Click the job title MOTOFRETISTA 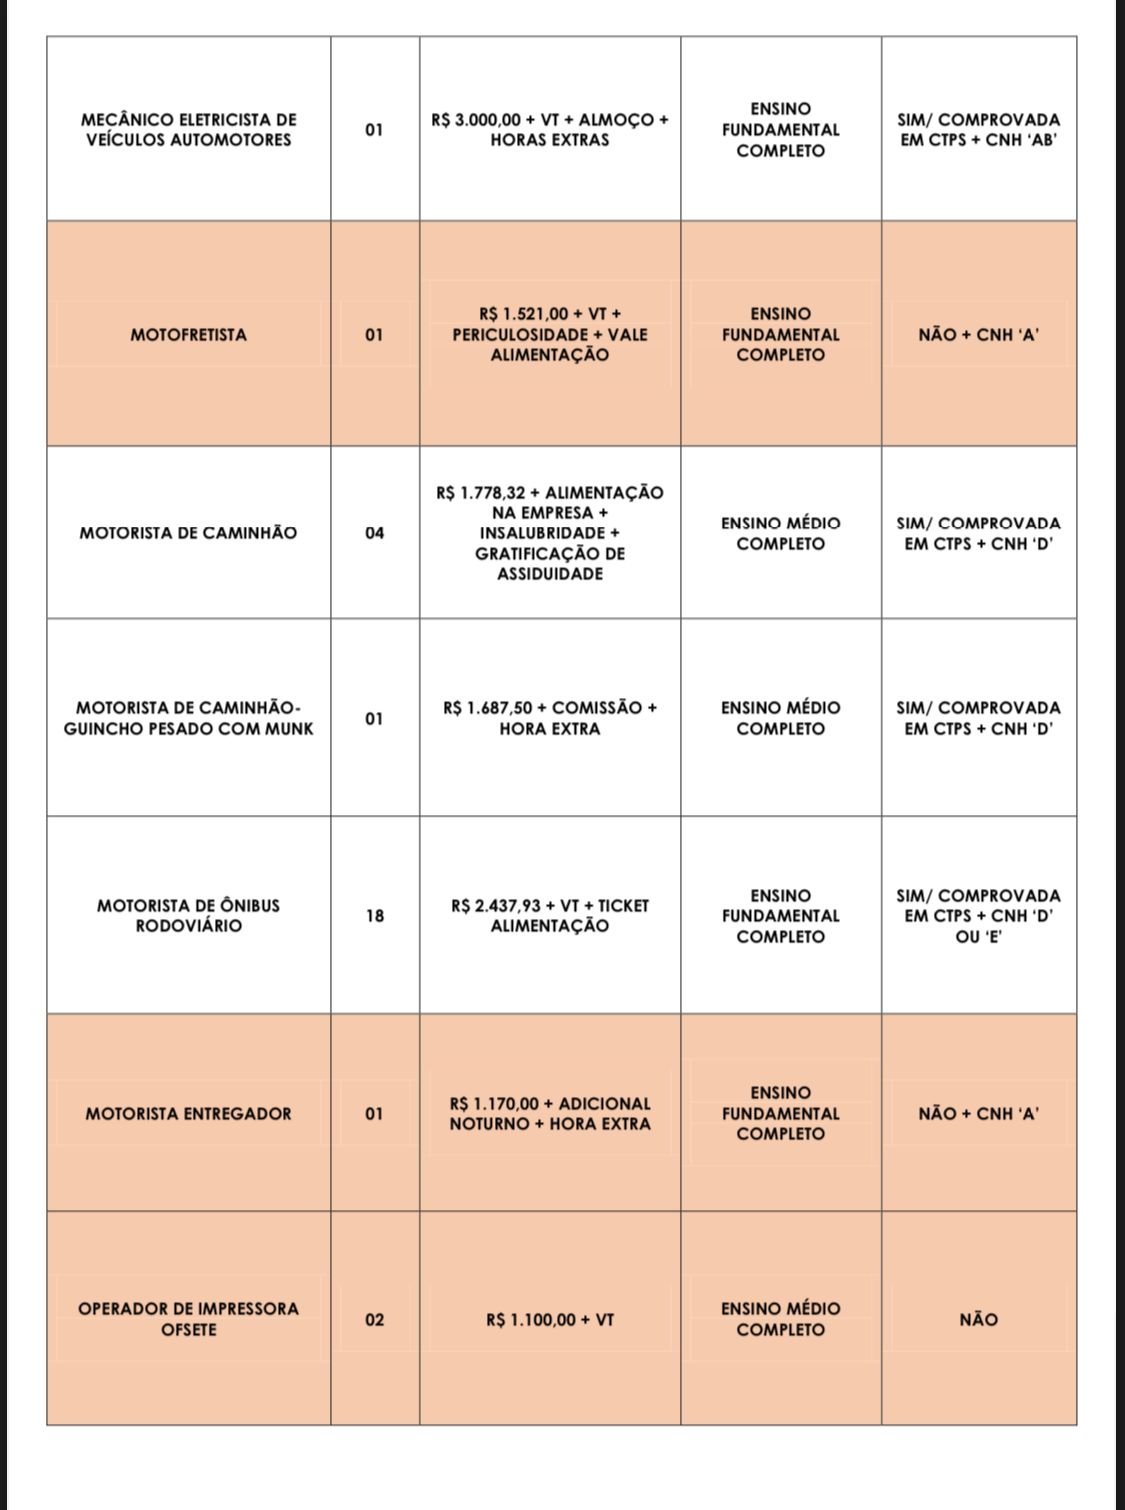pos(188,335)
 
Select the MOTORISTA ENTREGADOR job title pos(188,1114)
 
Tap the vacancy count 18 pos(374,916)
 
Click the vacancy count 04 pos(374,533)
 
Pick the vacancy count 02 pos(374,1320)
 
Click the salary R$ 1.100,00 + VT pos(550,1320)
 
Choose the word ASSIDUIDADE pos(550,574)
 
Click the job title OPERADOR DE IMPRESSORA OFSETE pos(188,1319)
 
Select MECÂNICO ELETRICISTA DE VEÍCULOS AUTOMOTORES pos(188,130)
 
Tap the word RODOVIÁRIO pos(188,926)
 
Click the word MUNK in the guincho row pos(289,729)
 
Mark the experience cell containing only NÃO pos(978,1320)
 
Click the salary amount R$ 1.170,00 pos(494,1104)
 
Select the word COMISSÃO pos(596,708)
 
